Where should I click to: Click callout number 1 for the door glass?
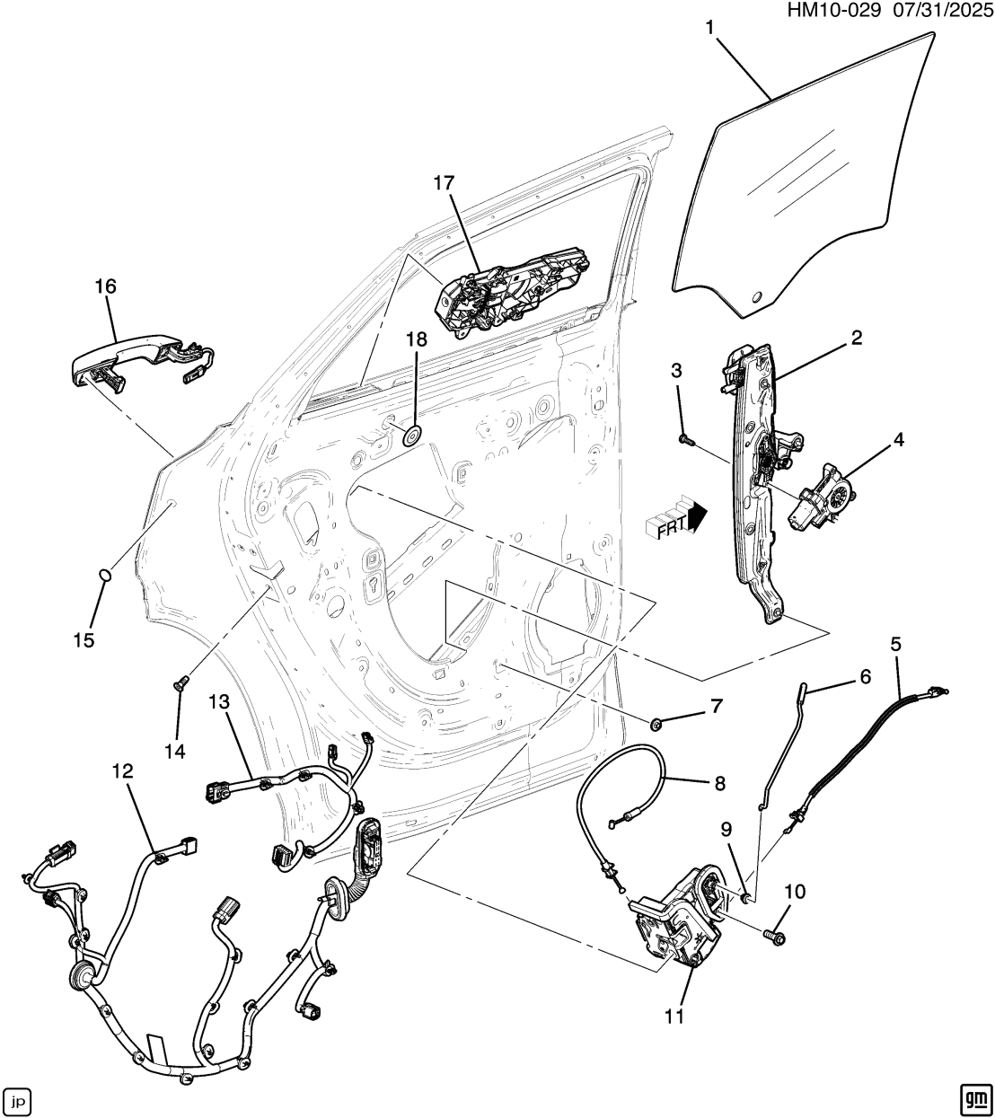[x=709, y=28]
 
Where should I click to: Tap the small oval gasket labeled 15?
[x=105, y=575]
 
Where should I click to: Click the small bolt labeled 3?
[x=685, y=439]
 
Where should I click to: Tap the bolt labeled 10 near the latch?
[x=774, y=937]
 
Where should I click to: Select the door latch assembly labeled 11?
[x=678, y=925]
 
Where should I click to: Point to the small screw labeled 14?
[x=178, y=685]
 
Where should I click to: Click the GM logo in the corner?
[x=973, y=1098]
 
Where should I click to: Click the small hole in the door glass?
[x=756, y=296]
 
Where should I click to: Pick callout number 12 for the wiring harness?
[x=122, y=770]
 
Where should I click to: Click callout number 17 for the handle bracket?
[x=444, y=184]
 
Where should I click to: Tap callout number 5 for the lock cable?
[x=895, y=644]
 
